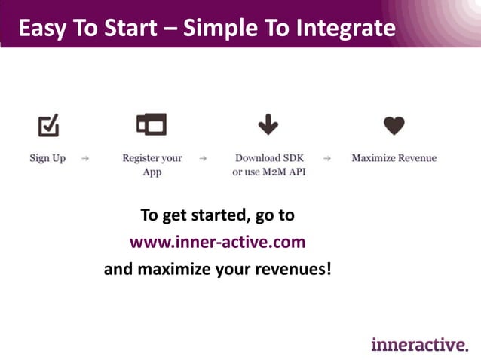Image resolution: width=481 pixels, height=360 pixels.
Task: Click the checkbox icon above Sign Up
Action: tap(48, 125)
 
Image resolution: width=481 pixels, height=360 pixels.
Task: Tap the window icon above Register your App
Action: tap(152, 124)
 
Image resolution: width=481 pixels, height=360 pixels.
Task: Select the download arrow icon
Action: tap(268, 125)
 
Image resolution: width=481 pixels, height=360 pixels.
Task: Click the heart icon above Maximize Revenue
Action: tap(394, 125)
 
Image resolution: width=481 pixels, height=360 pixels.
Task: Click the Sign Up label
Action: tap(47, 158)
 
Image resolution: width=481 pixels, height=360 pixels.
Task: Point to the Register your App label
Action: tap(152, 165)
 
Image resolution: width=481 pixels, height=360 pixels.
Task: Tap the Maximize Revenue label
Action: tap(394, 158)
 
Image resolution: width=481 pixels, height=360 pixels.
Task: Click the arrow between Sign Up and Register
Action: tap(85, 159)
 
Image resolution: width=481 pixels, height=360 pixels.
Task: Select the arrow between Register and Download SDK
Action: tap(203, 159)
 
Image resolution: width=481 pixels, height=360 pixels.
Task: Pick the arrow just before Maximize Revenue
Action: tap(326, 159)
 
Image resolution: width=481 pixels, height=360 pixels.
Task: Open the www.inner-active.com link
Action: tap(217, 242)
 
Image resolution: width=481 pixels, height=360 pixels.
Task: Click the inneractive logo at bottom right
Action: tap(419, 344)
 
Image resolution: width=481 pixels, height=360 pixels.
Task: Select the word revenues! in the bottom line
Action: tap(292, 268)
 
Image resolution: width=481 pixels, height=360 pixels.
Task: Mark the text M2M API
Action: tap(284, 172)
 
